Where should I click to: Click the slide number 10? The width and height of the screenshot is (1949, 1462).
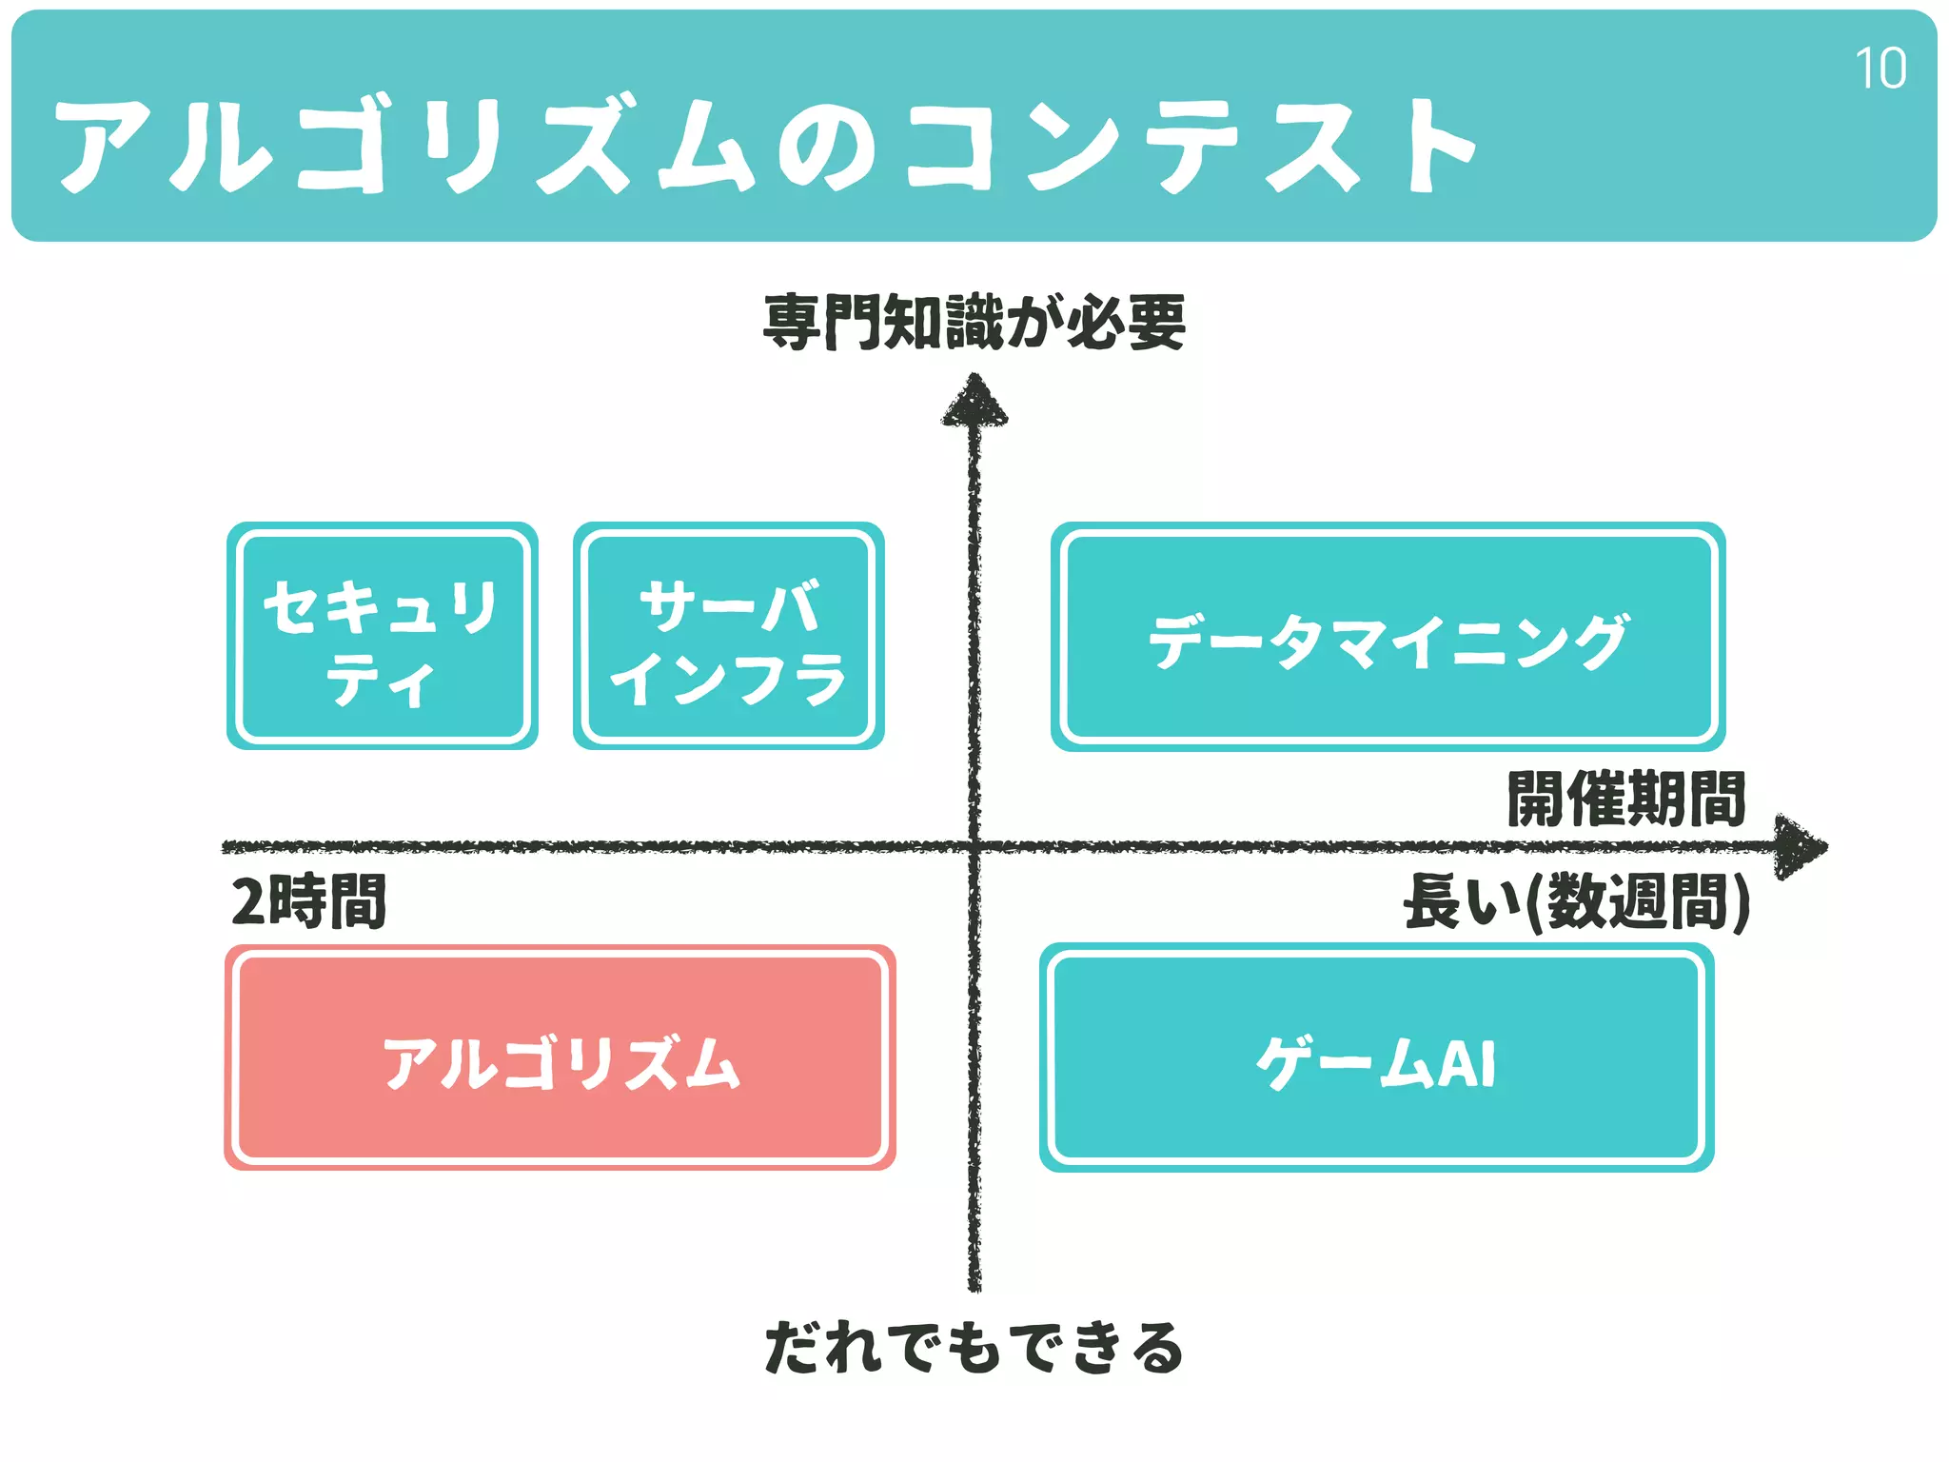[x=1880, y=69]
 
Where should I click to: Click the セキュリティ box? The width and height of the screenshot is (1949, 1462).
[x=383, y=636]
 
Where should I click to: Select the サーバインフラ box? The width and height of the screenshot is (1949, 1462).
[x=729, y=636]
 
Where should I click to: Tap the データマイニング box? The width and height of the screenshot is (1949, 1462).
[x=1388, y=637]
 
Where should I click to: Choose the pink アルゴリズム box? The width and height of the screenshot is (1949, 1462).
[x=561, y=1057]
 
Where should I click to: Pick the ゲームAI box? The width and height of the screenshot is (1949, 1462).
[x=1376, y=1057]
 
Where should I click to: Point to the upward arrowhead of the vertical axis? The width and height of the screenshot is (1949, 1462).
[x=974, y=400]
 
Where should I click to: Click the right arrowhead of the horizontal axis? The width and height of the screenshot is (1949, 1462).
[x=1801, y=846]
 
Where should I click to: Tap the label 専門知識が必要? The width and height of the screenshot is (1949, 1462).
[x=974, y=323]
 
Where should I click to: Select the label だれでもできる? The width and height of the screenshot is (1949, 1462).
[x=974, y=1348]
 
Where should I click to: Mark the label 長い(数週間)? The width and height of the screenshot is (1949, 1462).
[x=1576, y=901]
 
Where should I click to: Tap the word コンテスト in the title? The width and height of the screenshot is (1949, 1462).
[x=1190, y=146]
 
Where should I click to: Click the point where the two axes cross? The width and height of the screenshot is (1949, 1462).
[x=974, y=846]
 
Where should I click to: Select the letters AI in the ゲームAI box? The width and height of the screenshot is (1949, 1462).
[x=1467, y=1063]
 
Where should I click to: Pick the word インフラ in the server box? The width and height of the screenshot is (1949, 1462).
[x=729, y=679]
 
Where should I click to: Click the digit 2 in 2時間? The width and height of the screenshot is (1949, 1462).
[x=247, y=901]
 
